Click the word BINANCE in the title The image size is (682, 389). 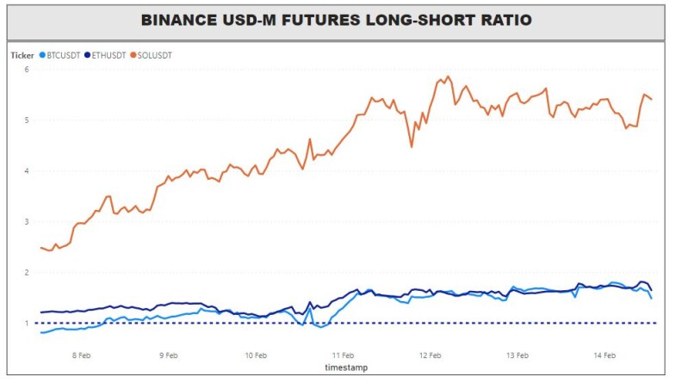(x=179, y=20)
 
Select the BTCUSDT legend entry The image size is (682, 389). (x=60, y=55)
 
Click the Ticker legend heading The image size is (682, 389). (x=22, y=55)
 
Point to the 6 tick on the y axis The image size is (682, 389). (x=27, y=70)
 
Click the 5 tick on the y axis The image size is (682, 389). (x=27, y=120)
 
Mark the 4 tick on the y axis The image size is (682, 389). (x=27, y=170)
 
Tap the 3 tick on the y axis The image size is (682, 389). (x=27, y=222)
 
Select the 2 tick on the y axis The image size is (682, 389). (x=27, y=273)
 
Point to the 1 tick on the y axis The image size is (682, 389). (x=27, y=324)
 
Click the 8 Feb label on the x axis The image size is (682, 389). (x=81, y=355)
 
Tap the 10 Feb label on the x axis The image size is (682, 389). (x=256, y=355)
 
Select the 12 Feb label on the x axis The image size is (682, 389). (x=431, y=355)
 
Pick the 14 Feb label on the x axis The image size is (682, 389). (x=604, y=355)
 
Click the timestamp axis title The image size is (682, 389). (x=346, y=367)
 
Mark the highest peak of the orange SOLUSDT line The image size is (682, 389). (x=449, y=77)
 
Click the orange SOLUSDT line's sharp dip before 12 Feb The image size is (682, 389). (x=412, y=147)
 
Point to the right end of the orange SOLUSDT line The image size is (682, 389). (x=651, y=100)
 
